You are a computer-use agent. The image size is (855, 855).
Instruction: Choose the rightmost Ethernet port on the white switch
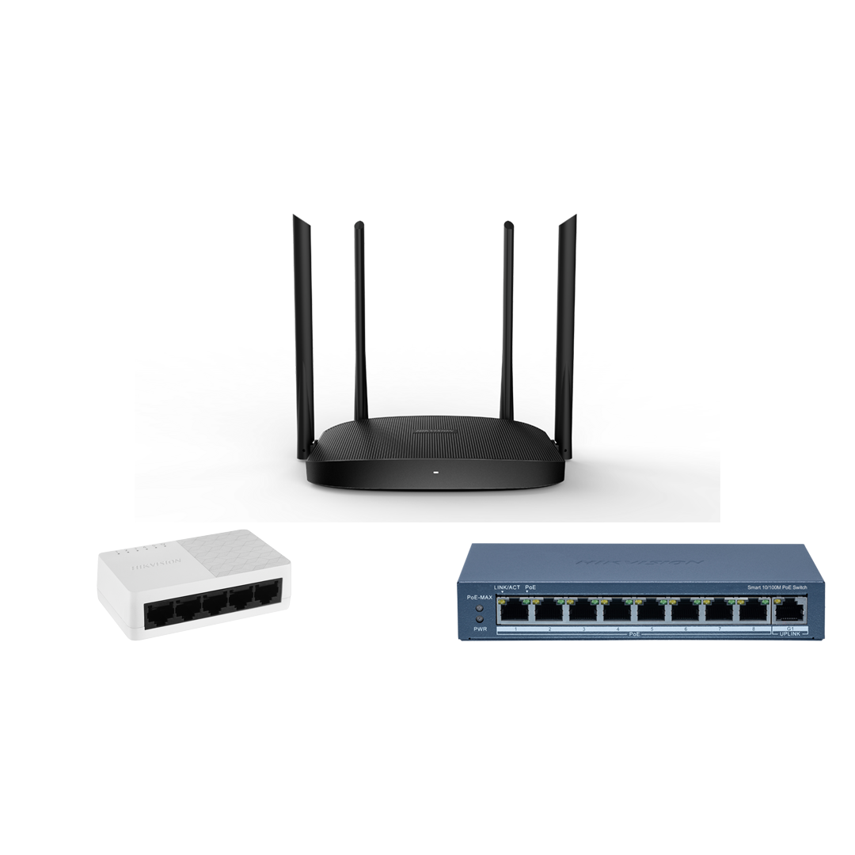point(267,592)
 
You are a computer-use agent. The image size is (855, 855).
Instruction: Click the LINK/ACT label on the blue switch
point(507,587)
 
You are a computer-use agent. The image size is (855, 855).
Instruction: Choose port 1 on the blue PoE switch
point(515,610)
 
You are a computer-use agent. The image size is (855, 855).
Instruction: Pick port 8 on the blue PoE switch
point(754,610)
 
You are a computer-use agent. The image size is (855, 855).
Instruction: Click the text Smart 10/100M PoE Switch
point(777,587)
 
